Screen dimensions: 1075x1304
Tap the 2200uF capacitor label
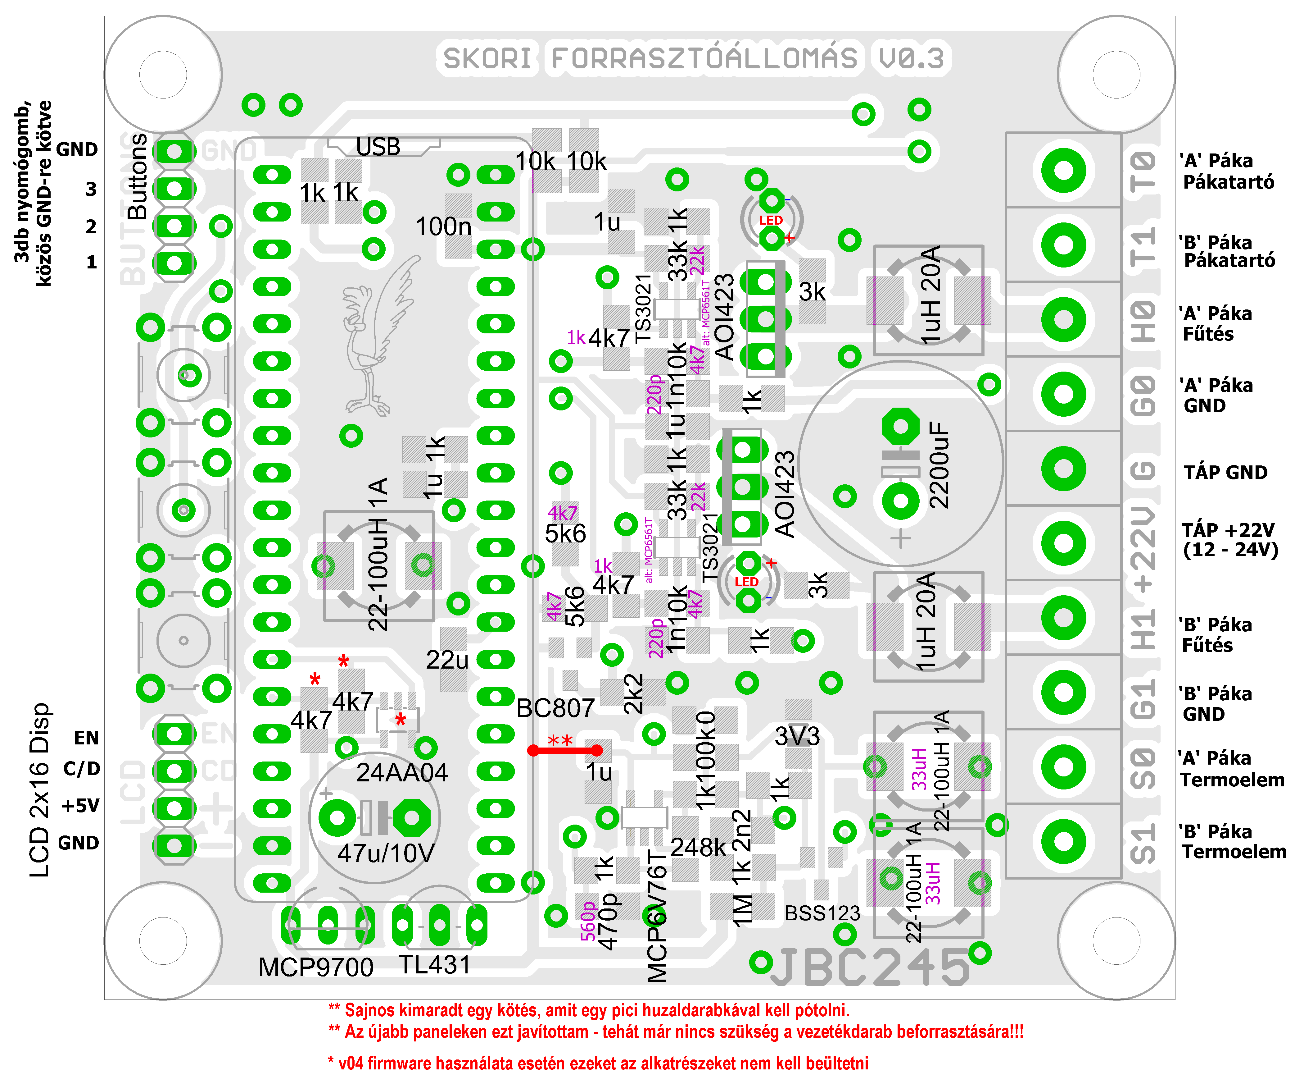tap(940, 466)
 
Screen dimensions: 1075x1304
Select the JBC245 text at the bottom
tap(870, 967)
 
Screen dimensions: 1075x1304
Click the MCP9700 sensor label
tap(316, 967)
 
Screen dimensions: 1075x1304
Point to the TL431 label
tap(434, 965)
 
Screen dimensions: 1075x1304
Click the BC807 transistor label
tap(555, 708)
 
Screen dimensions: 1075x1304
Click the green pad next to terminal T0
tap(1063, 170)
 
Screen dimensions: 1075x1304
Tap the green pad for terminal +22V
tap(1063, 543)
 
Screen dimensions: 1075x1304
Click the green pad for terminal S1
tap(1063, 841)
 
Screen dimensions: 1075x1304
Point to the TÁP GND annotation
tap(1225, 473)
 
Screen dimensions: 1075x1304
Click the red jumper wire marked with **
tap(564, 751)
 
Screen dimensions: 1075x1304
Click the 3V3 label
tap(797, 736)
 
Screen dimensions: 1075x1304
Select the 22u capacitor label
tap(447, 660)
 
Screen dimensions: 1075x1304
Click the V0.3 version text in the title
tap(911, 58)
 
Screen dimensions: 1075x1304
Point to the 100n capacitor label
tap(443, 226)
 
